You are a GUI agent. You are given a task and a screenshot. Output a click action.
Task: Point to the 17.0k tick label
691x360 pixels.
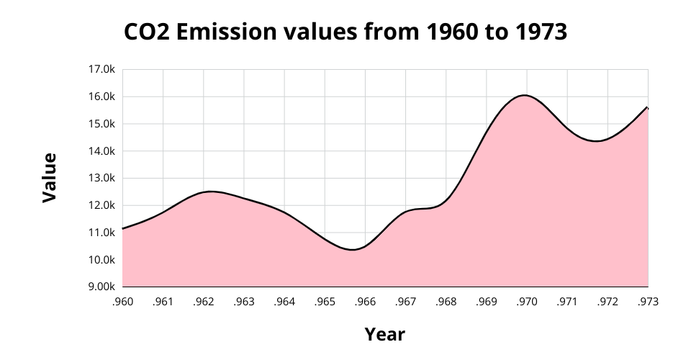click(x=101, y=70)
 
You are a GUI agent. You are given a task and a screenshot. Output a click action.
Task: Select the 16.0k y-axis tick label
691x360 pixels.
click(x=101, y=96)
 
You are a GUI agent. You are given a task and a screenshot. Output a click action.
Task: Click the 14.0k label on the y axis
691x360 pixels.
click(x=101, y=151)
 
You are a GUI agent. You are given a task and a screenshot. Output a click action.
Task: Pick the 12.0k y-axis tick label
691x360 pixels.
click(x=101, y=205)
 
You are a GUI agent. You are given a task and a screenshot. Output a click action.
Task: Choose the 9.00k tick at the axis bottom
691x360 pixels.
click(x=101, y=287)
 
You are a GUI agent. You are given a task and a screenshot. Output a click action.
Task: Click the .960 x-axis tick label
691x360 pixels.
click(x=123, y=302)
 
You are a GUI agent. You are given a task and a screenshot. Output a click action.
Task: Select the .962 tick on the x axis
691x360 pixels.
click(x=204, y=302)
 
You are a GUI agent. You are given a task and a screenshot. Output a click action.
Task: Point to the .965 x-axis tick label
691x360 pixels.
click(x=325, y=302)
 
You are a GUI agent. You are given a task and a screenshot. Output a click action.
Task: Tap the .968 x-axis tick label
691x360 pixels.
click(x=446, y=302)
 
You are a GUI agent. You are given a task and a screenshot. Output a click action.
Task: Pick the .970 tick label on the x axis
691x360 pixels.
click(x=527, y=302)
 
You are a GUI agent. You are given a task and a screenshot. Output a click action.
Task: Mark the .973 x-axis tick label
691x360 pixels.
click(x=648, y=302)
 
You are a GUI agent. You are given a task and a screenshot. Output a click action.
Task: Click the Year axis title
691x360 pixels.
click(x=384, y=334)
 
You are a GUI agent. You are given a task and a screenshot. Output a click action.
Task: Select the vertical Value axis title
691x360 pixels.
click(x=49, y=178)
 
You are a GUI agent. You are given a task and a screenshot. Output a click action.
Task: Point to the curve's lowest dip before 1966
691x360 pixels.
click(x=352, y=250)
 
